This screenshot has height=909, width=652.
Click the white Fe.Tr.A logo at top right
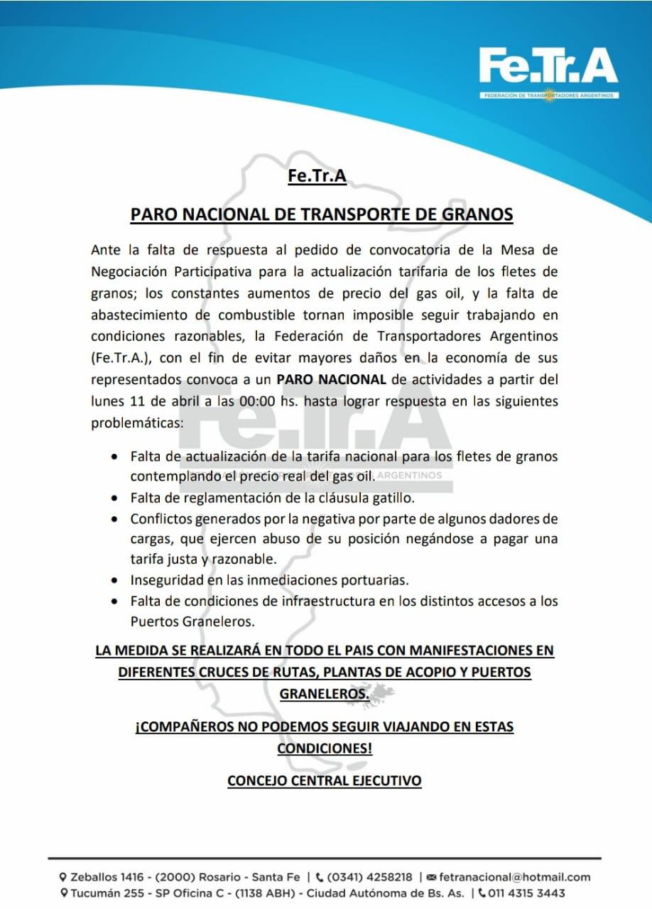(x=548, y=68)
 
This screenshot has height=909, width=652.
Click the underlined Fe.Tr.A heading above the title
(x=317, y=175)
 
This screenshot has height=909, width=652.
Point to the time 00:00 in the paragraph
(x=256, y=401)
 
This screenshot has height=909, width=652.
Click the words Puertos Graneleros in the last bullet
(x=192, y=621)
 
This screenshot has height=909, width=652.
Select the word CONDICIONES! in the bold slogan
(x=325, y=749)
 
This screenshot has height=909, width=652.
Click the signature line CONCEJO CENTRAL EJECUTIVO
(x=324, y=780)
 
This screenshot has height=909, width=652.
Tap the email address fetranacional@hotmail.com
(x=515, y=878)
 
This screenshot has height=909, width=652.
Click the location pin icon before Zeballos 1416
(x=63, y=878)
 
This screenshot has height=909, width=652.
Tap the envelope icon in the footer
(x=432, y=878)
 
